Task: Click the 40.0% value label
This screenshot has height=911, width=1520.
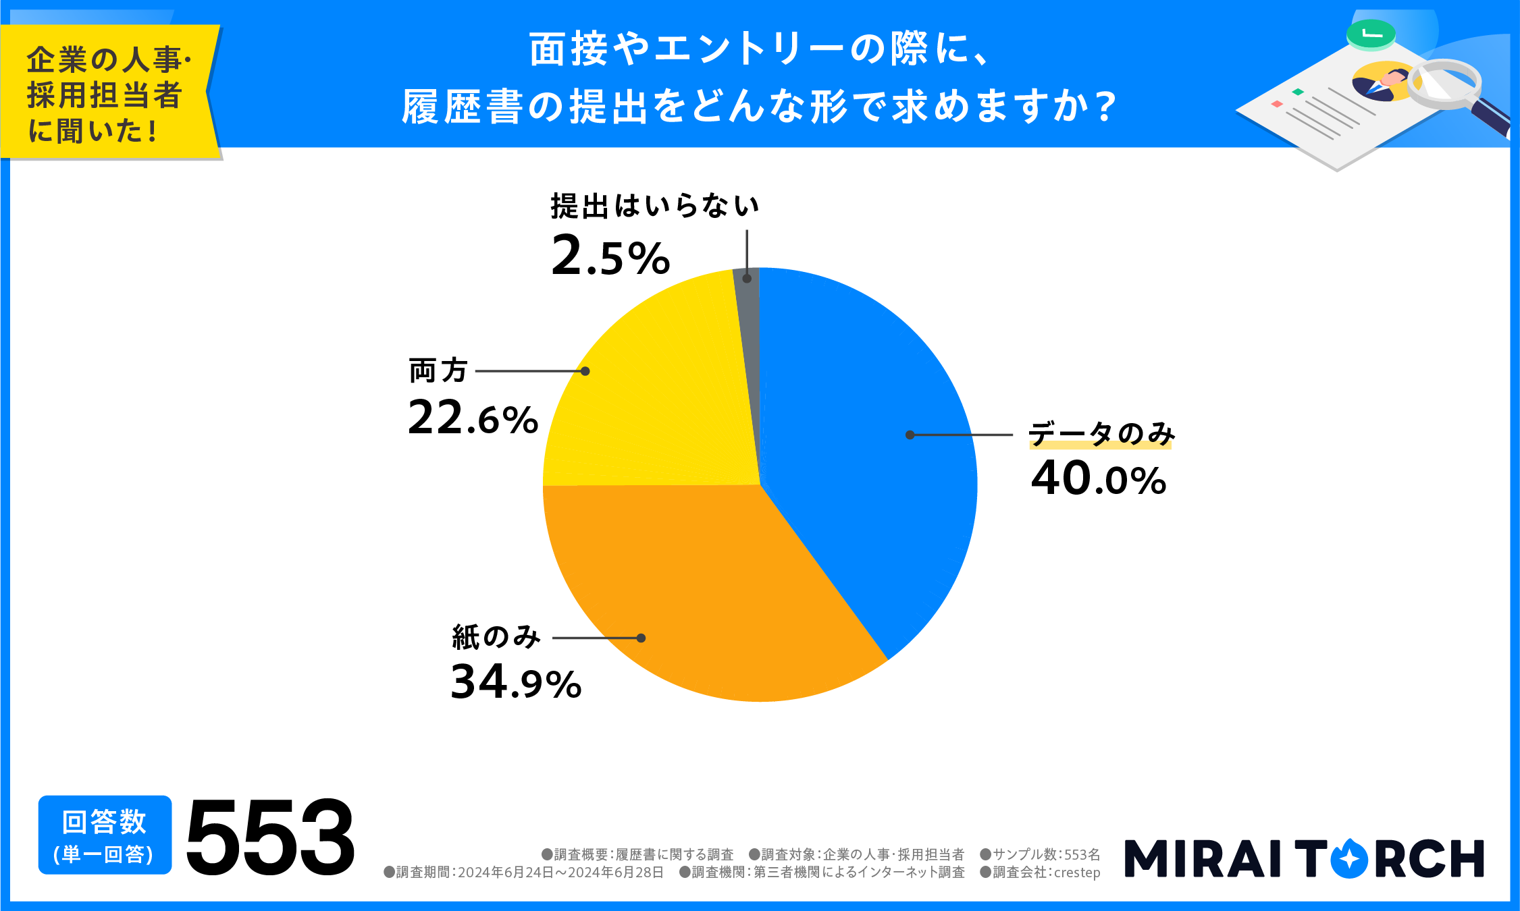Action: tap(1099, 479)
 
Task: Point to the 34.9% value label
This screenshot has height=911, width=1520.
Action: tap(516, 682)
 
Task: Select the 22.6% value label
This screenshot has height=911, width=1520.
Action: tap(473, 418)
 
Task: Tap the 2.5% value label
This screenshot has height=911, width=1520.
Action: tap(610, 256)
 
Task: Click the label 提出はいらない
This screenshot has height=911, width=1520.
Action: tap(654, 206)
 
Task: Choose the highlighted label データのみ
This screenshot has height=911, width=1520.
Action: tap(1101, 434)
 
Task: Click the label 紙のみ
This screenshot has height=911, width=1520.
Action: tap(496, 637)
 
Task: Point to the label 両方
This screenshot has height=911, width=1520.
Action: tap(438, 370)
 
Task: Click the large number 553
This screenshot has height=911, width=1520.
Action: tap(270, 837)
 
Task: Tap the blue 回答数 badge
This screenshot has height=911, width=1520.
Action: tap(105, 835)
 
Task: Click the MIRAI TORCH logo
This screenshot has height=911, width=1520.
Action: tap(1304, 858)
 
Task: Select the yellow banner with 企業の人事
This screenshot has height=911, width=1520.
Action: tap(108, 93)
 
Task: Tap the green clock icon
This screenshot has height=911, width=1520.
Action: tap(1370, 34)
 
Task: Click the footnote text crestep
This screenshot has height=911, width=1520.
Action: tap(1077, 873)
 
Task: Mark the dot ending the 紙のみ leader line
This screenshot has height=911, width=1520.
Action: tap(641, 638)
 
